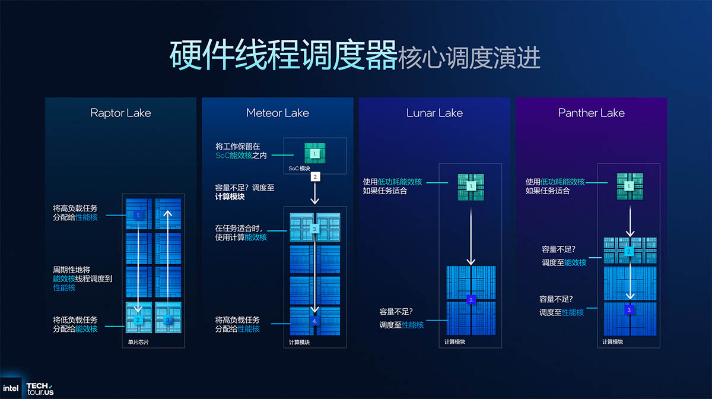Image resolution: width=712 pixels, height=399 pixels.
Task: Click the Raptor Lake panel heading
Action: click(120, 113)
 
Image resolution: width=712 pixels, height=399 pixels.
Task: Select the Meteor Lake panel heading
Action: click(278, 113)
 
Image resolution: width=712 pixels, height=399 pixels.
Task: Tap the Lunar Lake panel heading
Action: click(434, 113)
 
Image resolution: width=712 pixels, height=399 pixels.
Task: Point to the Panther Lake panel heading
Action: click(591, 113)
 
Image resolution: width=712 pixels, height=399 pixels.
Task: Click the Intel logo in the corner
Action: click(11, 388)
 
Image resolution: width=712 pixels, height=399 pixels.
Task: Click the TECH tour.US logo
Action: click(40, 388)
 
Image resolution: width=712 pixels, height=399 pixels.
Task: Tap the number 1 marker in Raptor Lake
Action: click(138, 214)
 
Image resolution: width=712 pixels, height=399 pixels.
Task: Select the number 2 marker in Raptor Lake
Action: click(138, 320)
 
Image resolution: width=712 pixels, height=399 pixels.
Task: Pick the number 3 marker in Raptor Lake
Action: click(168, 320)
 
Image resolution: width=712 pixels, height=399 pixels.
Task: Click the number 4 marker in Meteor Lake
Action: click(315, 321)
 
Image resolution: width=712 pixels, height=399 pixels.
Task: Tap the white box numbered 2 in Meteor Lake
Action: click(316, 176)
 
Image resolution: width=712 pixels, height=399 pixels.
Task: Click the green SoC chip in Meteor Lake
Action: click(315, 153)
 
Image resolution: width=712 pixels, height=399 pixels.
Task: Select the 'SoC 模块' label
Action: click(300, 169)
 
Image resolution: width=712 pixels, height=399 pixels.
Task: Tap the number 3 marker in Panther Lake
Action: click(630, 310)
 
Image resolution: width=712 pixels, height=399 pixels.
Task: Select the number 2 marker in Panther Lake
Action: click(630, 252)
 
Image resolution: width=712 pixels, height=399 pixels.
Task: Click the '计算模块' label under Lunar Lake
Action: click(455, 342)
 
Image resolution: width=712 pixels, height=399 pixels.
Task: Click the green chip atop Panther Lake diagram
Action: click(630, 186)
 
